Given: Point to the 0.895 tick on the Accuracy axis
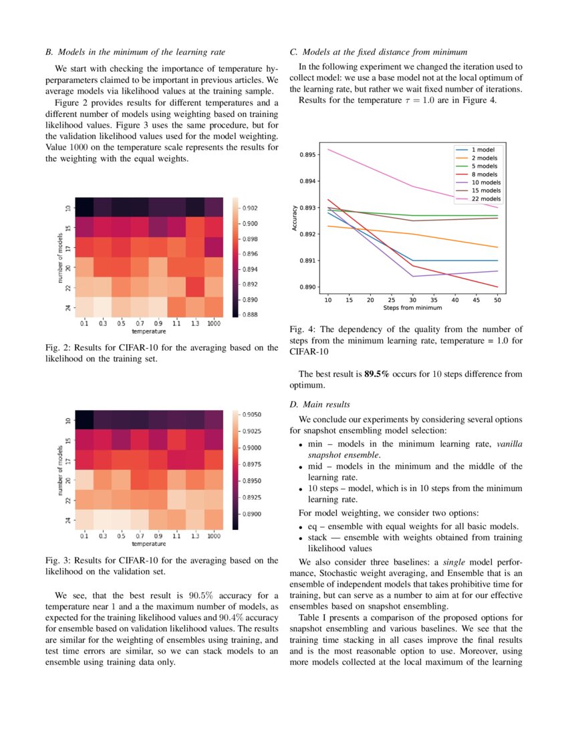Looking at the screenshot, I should (x=309, y=154).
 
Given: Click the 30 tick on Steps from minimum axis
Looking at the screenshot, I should (x=412, y=301).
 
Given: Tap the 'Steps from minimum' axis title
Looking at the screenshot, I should (x=412, y=308).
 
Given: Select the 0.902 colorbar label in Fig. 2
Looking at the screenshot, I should (x=249, y=208).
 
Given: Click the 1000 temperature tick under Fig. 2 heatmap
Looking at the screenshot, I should (x=213, y=323).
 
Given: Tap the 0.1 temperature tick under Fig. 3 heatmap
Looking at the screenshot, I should (x=84, y=536).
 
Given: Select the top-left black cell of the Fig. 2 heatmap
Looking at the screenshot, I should (x=84, y=207).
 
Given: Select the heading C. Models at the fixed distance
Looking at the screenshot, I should (x=378, y=51).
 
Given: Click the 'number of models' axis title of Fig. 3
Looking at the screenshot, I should (x=60, y=468).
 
